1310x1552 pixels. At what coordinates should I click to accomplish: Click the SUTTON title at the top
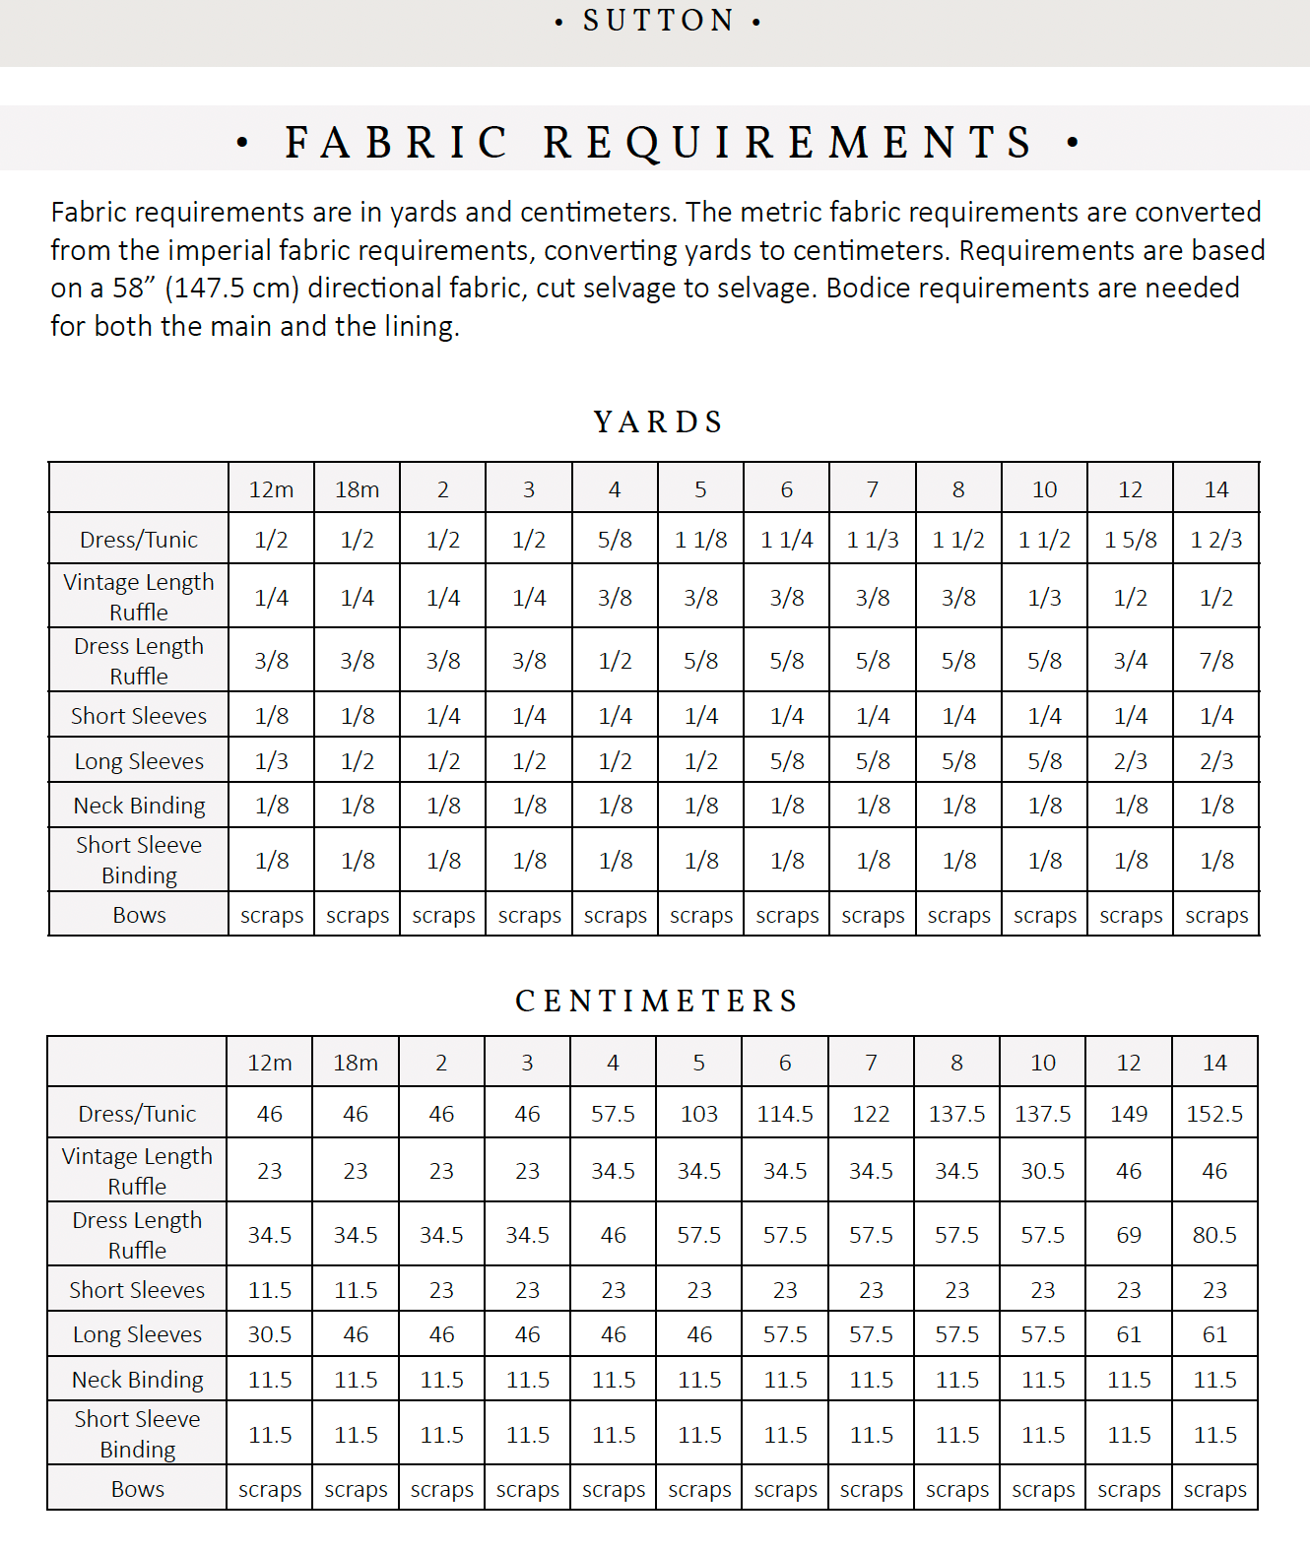click(x=658, y=21)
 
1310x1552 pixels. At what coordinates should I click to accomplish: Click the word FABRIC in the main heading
click(x=397, y=143)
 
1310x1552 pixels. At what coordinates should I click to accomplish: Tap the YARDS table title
click(x=658, y=422)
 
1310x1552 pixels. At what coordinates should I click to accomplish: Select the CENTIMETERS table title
click(x=657, y=1002)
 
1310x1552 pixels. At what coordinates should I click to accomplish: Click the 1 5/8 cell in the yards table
click(x=1131, y=540)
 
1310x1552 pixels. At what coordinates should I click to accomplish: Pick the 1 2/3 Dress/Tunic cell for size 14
click(x=1216, y=540)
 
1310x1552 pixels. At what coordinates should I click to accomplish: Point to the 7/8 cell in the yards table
click(x=1216, y=661)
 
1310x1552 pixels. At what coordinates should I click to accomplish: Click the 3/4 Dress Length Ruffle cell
click(x=1131, y=661)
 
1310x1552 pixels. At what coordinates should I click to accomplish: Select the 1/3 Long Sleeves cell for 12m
click(x=272, y=761)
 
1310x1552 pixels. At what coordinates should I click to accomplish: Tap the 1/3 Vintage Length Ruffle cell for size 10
click(x=1045, y=598)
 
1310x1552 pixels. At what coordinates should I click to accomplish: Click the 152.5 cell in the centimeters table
click(x=1214, y=1114)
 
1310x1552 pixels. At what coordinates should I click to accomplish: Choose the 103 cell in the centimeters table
click(x=699, y=1114)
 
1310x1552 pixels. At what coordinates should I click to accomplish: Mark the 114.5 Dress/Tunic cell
click(x=785, y=1114)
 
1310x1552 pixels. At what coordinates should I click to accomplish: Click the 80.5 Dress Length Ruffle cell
click(x=1214, y=1235)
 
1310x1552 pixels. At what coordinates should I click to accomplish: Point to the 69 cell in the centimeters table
click(x=1129, y=1235)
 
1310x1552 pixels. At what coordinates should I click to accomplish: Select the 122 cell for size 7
click(x=871, y=1114)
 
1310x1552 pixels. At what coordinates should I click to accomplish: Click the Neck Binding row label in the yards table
click(x=139, y=806)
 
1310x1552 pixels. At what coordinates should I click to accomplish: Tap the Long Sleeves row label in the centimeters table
click(x=137, y=1335)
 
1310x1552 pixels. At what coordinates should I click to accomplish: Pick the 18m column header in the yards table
click(x=358, y=489)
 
